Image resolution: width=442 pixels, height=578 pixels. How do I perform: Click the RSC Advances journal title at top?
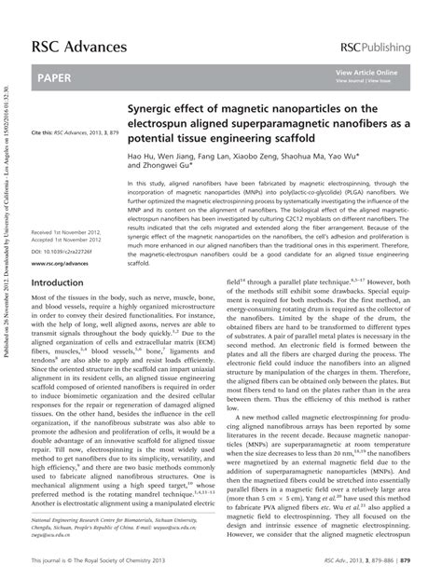point(79,46)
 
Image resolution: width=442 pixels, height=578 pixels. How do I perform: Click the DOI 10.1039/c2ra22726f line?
point(64,249)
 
